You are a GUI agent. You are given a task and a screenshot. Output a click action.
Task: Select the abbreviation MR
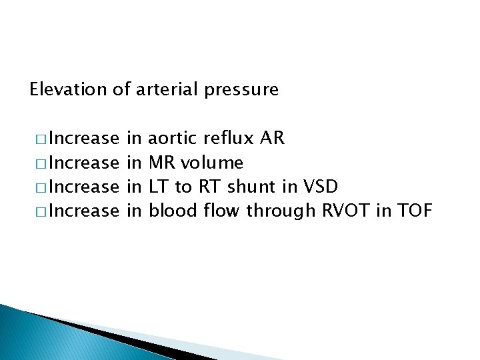[161, 163]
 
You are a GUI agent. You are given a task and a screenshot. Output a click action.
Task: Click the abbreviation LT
[159, 187]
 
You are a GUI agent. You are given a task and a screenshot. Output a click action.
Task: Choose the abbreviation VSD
[321, 187]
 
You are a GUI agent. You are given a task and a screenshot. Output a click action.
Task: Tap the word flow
[220, 211]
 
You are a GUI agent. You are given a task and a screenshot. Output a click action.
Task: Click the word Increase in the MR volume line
[83, 163]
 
